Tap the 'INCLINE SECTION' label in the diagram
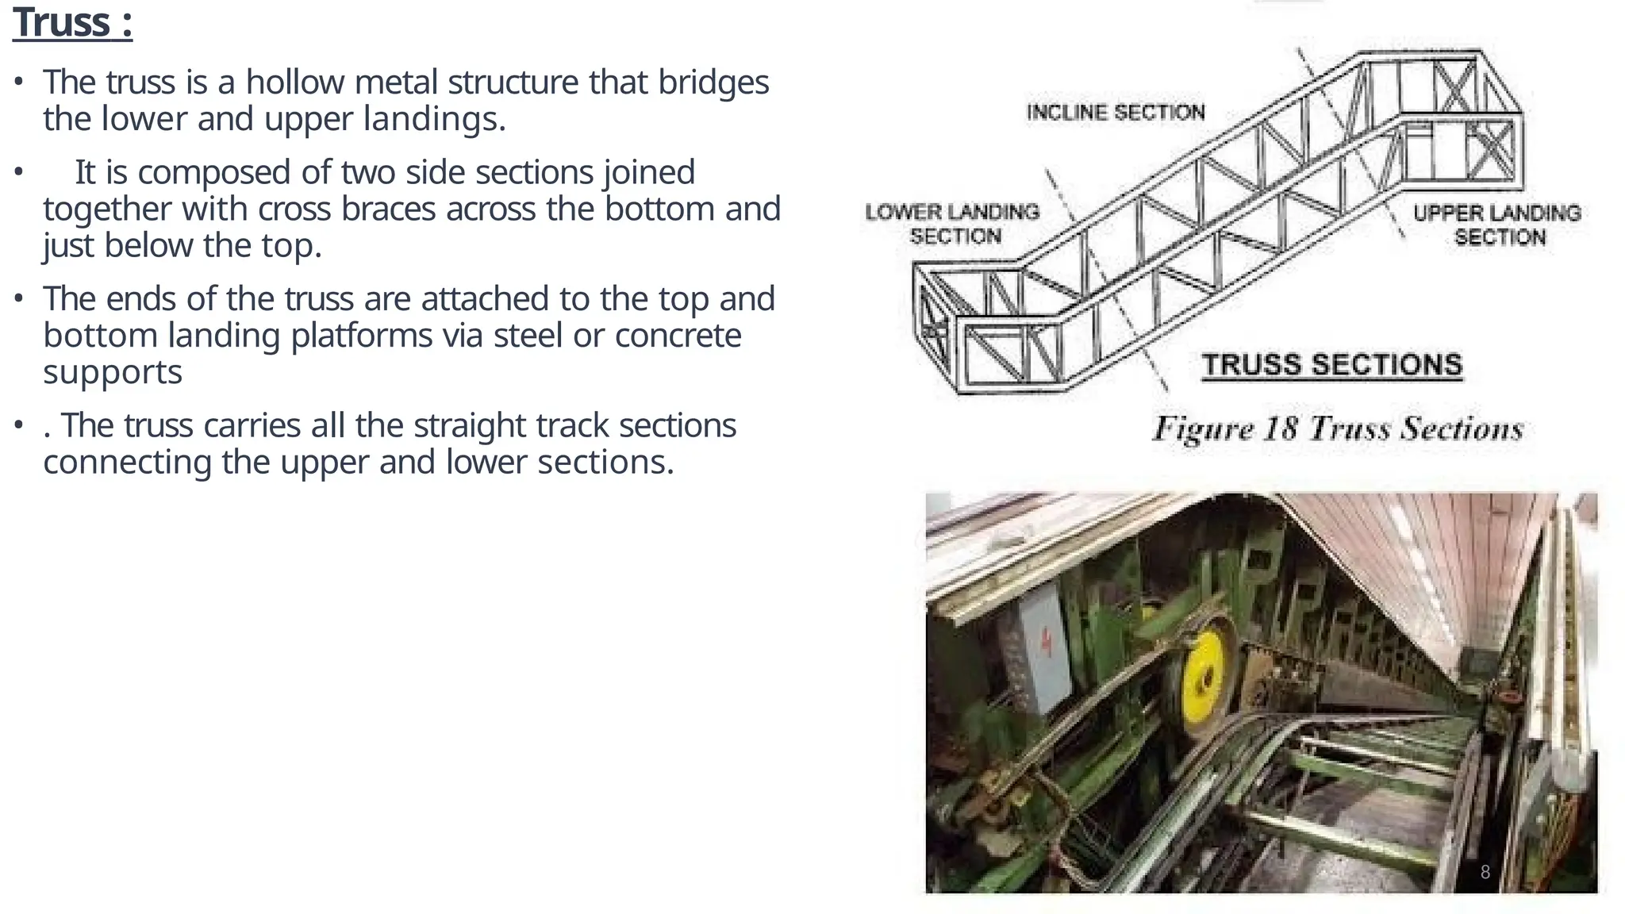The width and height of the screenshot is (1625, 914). [x=1115, y=112]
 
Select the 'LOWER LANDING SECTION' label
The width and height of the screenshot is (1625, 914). [x=952, y=224]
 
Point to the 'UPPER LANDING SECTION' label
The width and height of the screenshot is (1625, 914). [x=1496, y=225]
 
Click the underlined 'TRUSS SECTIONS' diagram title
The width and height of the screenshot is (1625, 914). [x=1331, y=365]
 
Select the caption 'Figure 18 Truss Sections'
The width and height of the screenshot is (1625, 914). [x=1338, y=428]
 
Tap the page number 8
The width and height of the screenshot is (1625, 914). [x=1485, y=873]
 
